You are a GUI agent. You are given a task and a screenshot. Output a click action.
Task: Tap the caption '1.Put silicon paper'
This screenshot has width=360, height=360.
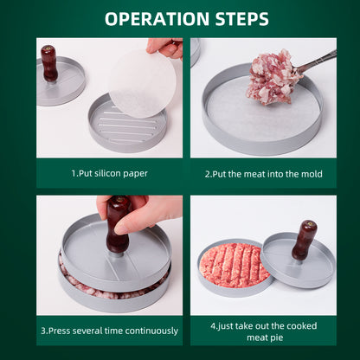[109, 173]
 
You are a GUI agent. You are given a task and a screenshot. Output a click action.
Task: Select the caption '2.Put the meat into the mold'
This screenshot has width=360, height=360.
[263, 174]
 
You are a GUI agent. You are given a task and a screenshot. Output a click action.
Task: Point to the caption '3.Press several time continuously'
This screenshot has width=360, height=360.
[109, 331]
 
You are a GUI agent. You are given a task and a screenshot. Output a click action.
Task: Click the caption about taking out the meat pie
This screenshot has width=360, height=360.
[263, 331]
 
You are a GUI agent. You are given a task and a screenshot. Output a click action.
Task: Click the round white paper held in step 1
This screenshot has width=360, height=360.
[141, 84]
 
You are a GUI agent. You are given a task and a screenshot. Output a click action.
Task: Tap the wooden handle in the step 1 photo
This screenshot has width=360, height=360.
[49, 62]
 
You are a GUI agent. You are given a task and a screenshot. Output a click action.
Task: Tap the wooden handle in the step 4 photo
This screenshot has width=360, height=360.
[305, 240]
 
